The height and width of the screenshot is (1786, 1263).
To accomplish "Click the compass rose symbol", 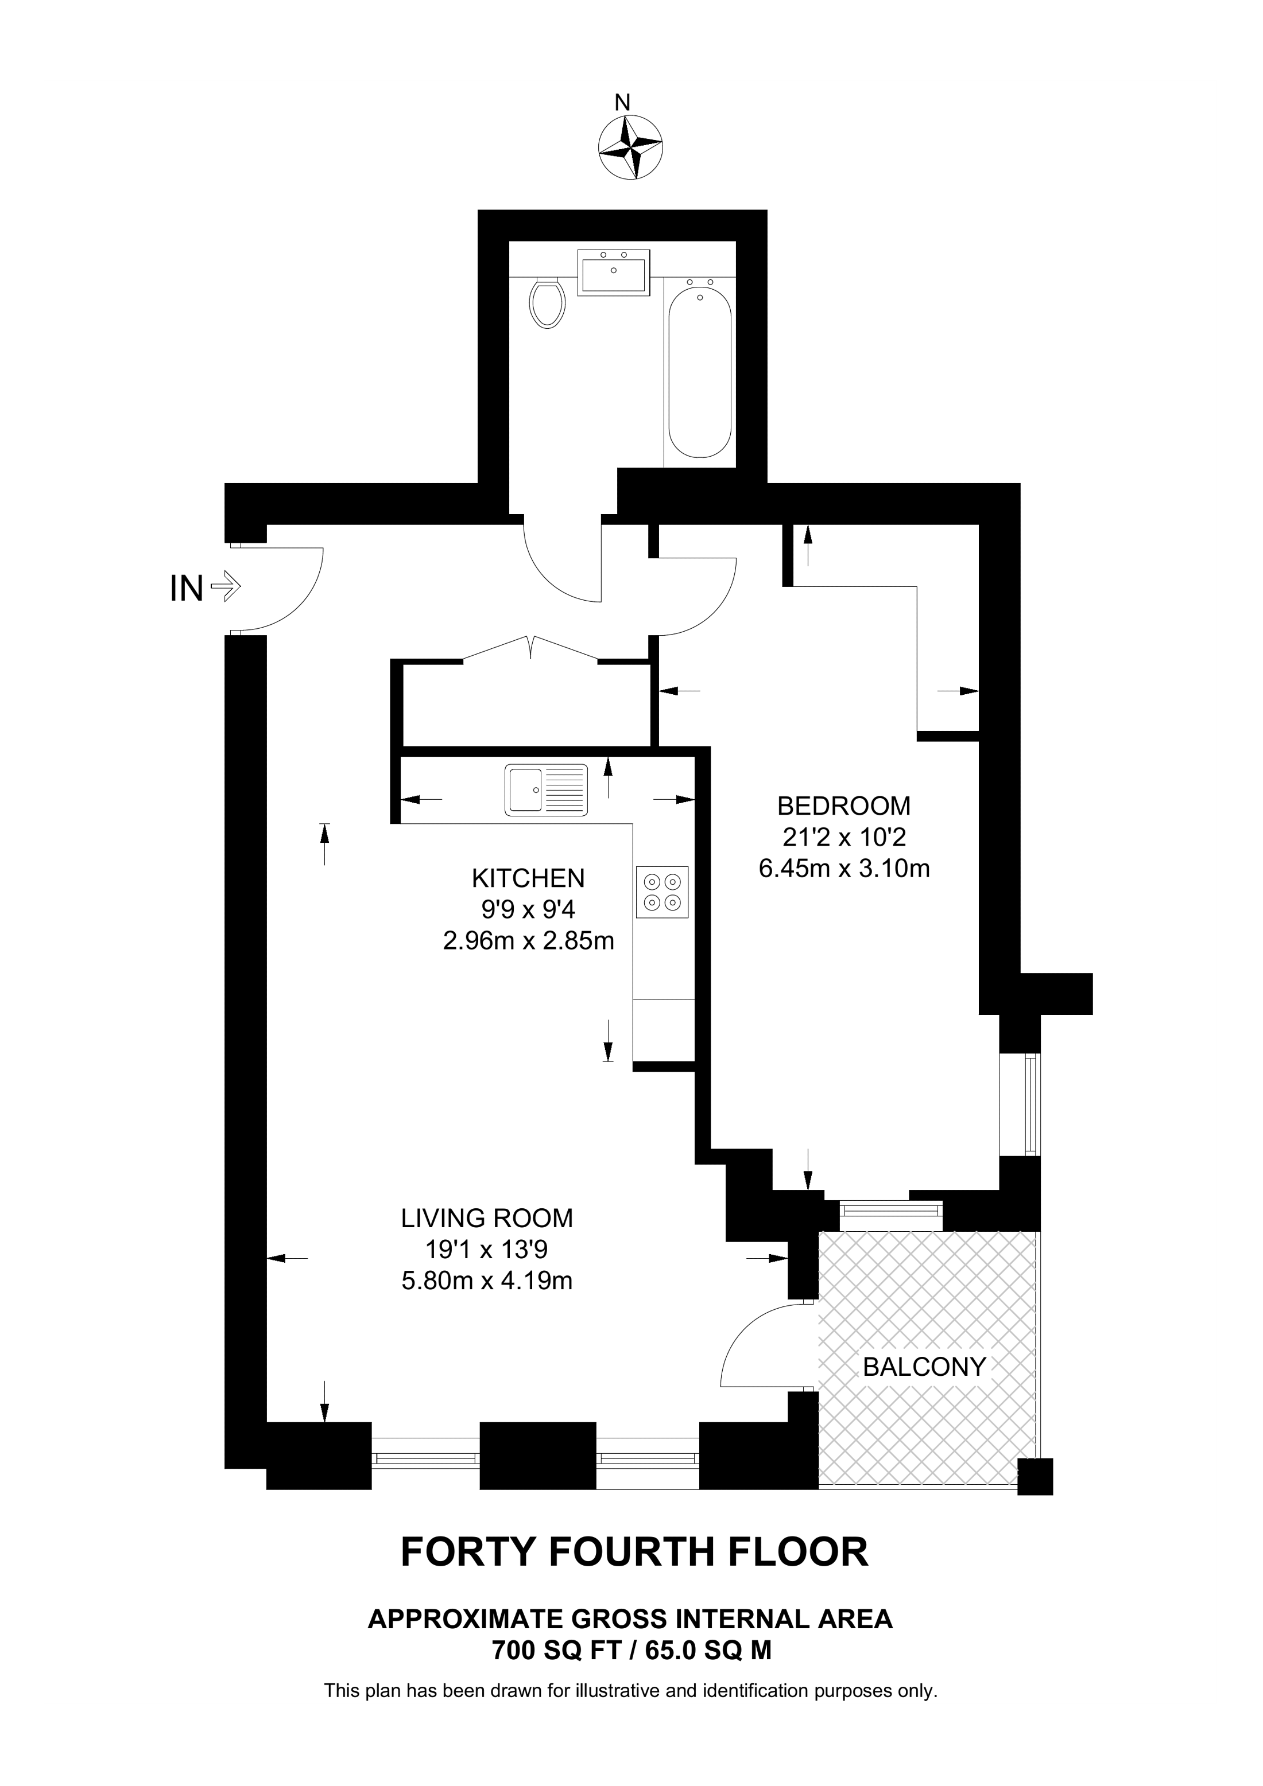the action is click(630, 147).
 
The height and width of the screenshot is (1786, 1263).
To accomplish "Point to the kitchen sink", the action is click(547, 789).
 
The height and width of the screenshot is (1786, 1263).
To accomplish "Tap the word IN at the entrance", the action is click(187, 588).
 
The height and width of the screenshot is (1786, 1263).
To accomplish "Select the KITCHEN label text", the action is click(528, 878).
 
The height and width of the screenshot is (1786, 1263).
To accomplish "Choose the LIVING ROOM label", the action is click(487, 1218).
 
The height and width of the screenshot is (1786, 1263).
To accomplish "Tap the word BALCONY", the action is click(924, 1366).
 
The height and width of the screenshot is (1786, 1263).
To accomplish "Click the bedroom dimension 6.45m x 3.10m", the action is click(844, 868).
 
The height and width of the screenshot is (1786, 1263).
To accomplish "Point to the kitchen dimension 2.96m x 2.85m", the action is click(528, 941).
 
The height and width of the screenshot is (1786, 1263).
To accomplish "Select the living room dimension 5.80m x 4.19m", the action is click(487, 1281).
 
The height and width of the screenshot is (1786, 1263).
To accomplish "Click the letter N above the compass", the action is click(622, 102).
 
